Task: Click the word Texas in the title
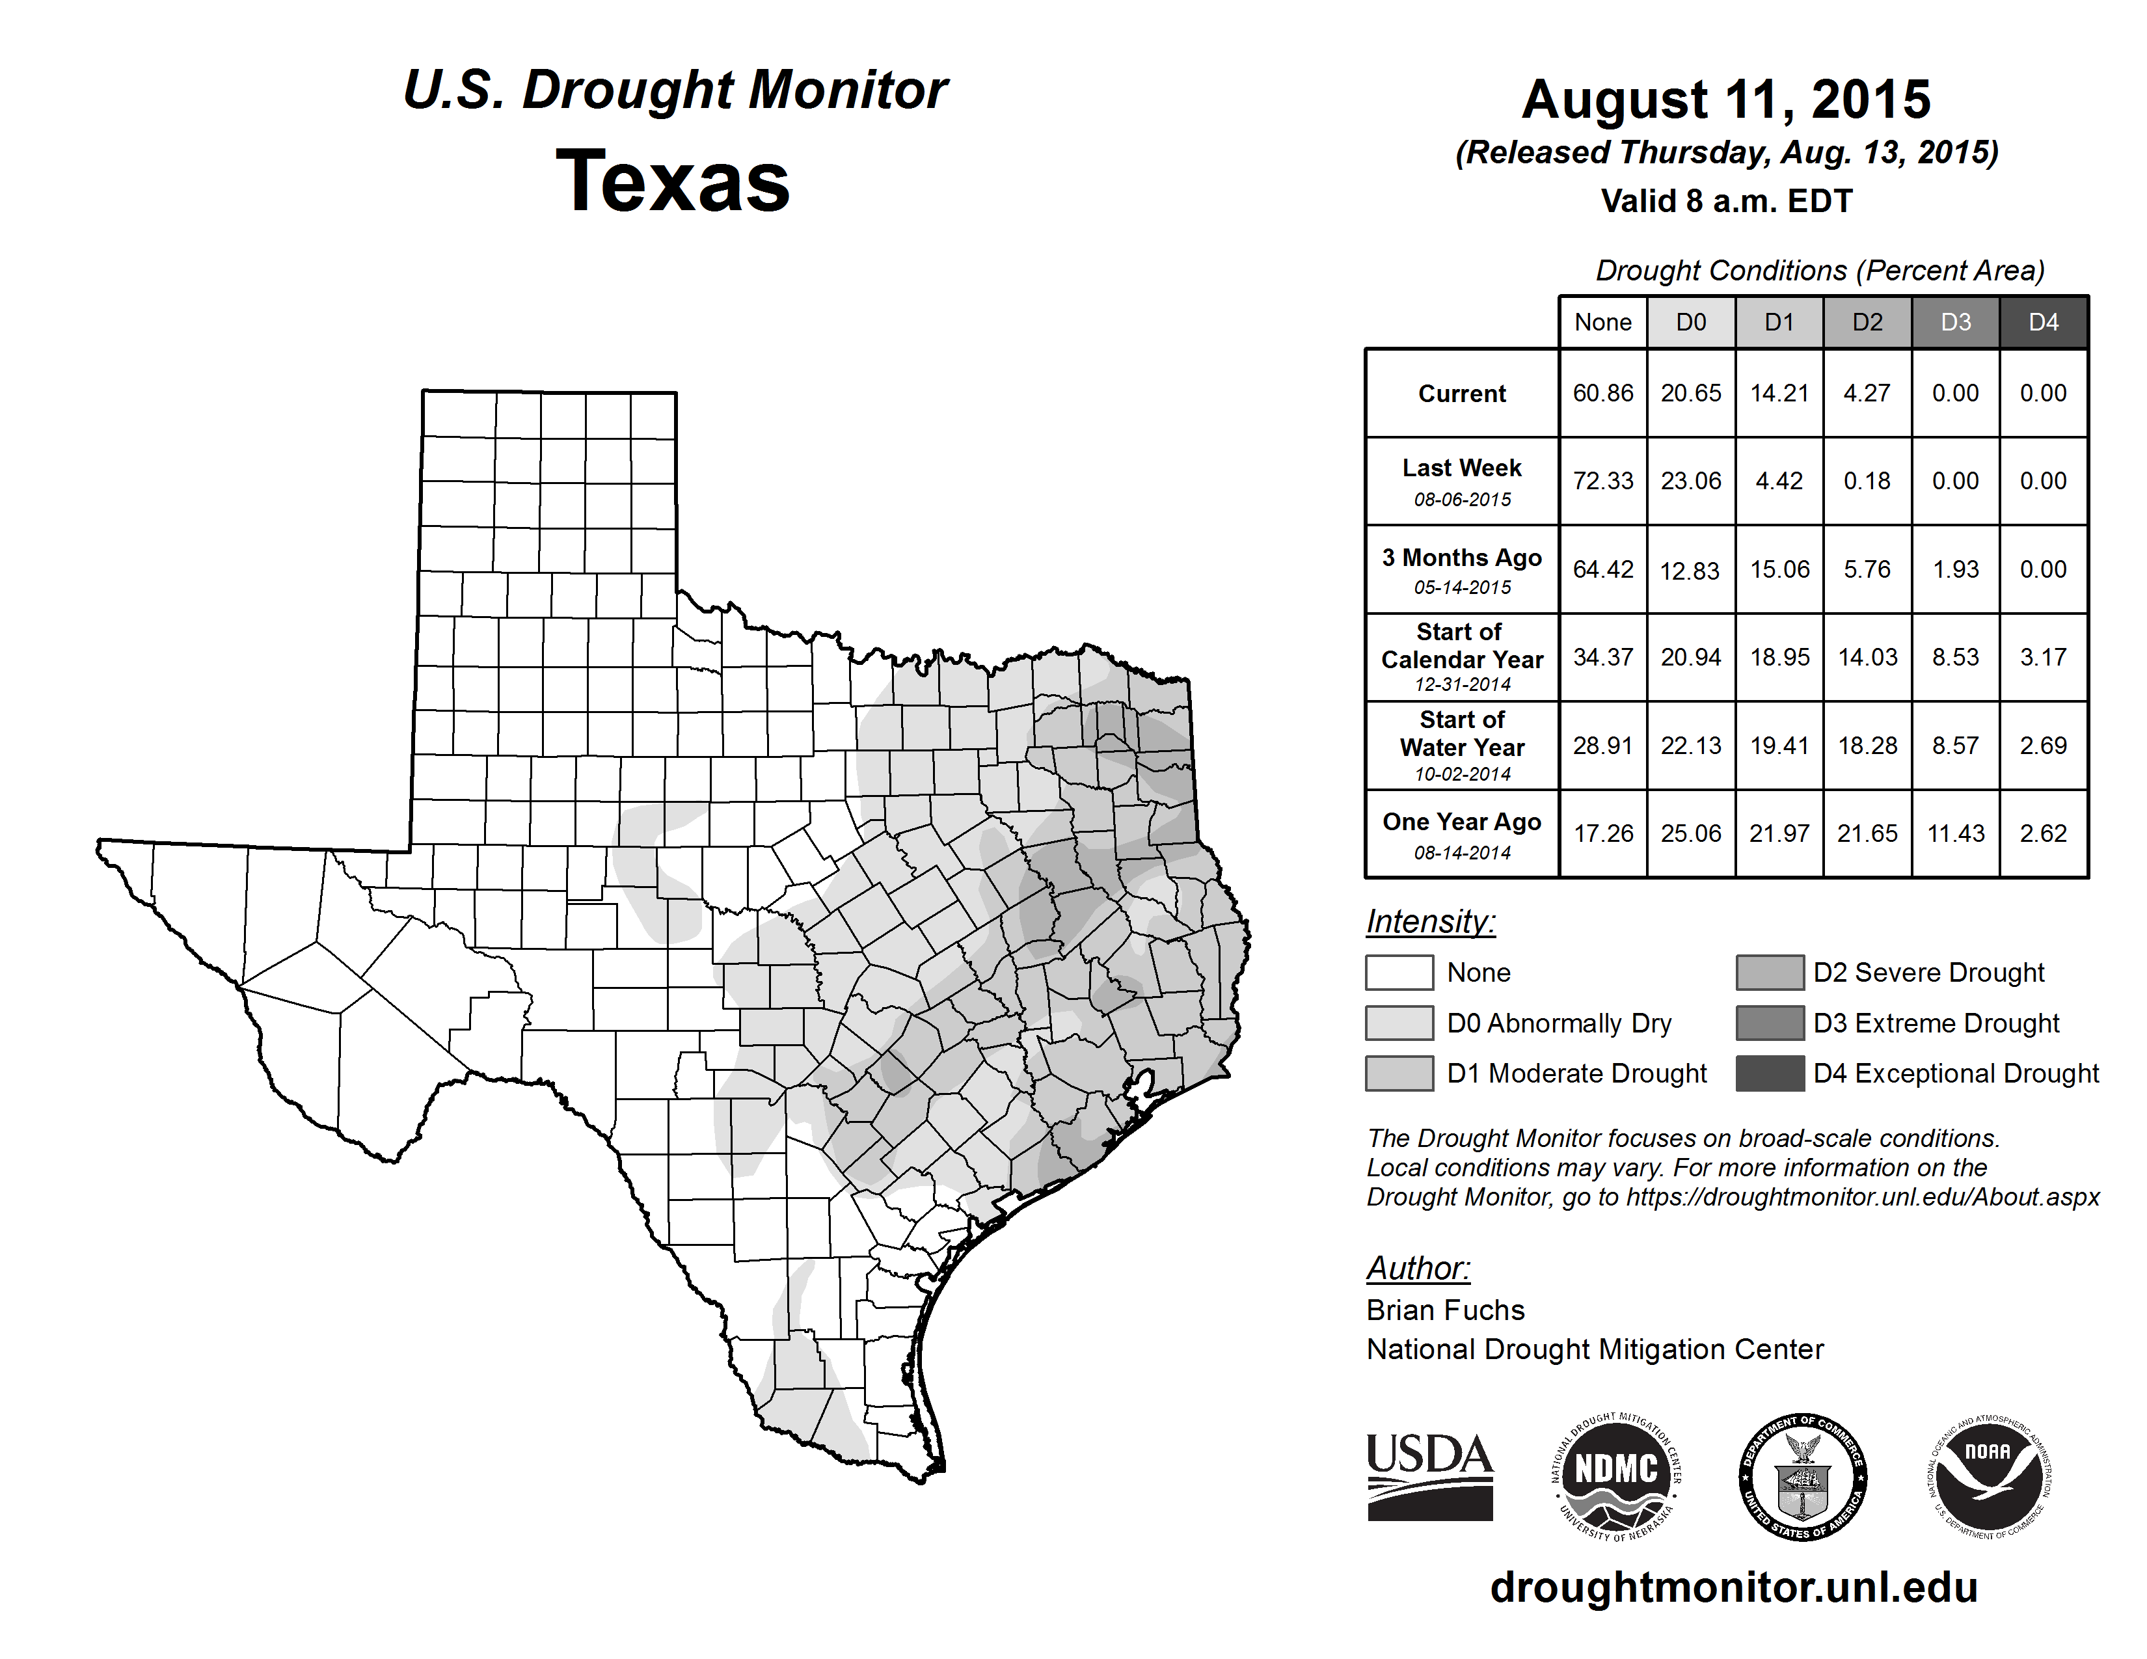(673, 181)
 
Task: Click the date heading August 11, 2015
(1725, 100)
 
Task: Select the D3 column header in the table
(1955, 322)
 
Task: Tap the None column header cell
(1602, 322)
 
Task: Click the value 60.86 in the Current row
(1602, 393)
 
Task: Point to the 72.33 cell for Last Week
(1602, 481)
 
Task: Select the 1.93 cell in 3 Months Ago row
(1955, 570)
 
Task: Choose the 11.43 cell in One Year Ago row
(1955, 833)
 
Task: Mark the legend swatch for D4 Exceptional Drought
(1770, 1073)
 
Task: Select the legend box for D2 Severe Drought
(1770, 972)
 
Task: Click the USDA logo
(1429, 1476)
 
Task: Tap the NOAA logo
(1989, 1476)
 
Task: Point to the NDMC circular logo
(1616, 1476)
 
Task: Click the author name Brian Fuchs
(1445, 1310)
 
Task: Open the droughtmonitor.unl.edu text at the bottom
(1733, 1587)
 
